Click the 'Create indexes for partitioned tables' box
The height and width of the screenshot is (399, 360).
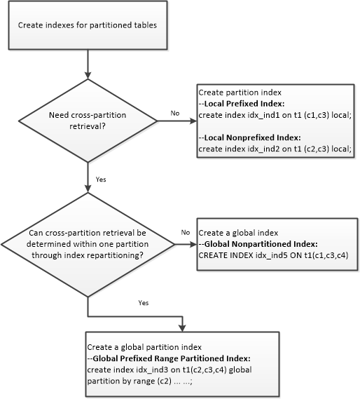point(88,25)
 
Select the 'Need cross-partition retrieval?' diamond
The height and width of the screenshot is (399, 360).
point(88,121)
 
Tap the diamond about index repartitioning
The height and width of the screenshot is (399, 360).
point(88,245)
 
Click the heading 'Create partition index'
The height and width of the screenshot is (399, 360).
point(240,93)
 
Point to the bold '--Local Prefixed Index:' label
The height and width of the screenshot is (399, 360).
point(242,104)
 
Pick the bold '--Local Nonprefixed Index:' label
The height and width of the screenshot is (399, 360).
point(249,137)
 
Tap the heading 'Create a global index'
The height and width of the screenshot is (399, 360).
point(238,233)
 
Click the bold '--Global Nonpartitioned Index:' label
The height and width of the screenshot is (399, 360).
point(258,244)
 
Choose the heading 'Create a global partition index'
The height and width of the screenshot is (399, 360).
point(144,347)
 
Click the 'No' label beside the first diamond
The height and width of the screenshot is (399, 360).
point(175,113)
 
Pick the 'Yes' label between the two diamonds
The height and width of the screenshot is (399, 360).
point(101,180)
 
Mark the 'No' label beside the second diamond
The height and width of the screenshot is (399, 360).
point(186,232)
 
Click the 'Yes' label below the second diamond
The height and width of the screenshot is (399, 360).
point(144,303)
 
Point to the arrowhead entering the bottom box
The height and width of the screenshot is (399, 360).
point(183,328)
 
